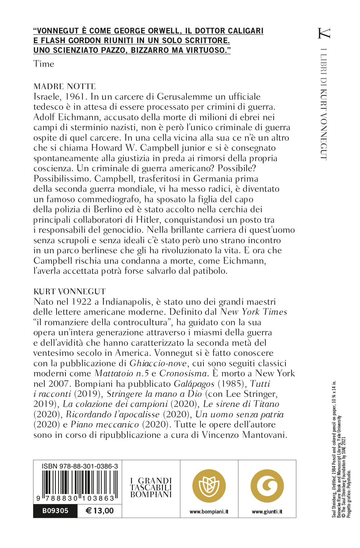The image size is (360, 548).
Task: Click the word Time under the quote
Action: (44, 64)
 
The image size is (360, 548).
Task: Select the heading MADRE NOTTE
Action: (64, 86)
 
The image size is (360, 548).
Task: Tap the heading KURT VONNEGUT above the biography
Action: (69, 291)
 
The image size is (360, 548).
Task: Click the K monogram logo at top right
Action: (324, 33)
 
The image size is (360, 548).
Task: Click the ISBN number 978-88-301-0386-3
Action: (80, 466)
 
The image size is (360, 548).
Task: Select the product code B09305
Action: (55, 511)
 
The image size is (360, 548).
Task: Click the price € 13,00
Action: (100, 511)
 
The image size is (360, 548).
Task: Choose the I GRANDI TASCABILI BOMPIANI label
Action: (151, 488)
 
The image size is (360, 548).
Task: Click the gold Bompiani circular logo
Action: (209, 486)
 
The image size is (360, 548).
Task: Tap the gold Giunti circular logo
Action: (267, 486)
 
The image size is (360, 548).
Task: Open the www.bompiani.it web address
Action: (209, 512)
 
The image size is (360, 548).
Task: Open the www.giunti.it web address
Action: (267, 512)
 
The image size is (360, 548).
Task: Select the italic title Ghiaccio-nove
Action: (158, 363)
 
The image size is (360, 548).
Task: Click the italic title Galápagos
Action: (194, 384)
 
